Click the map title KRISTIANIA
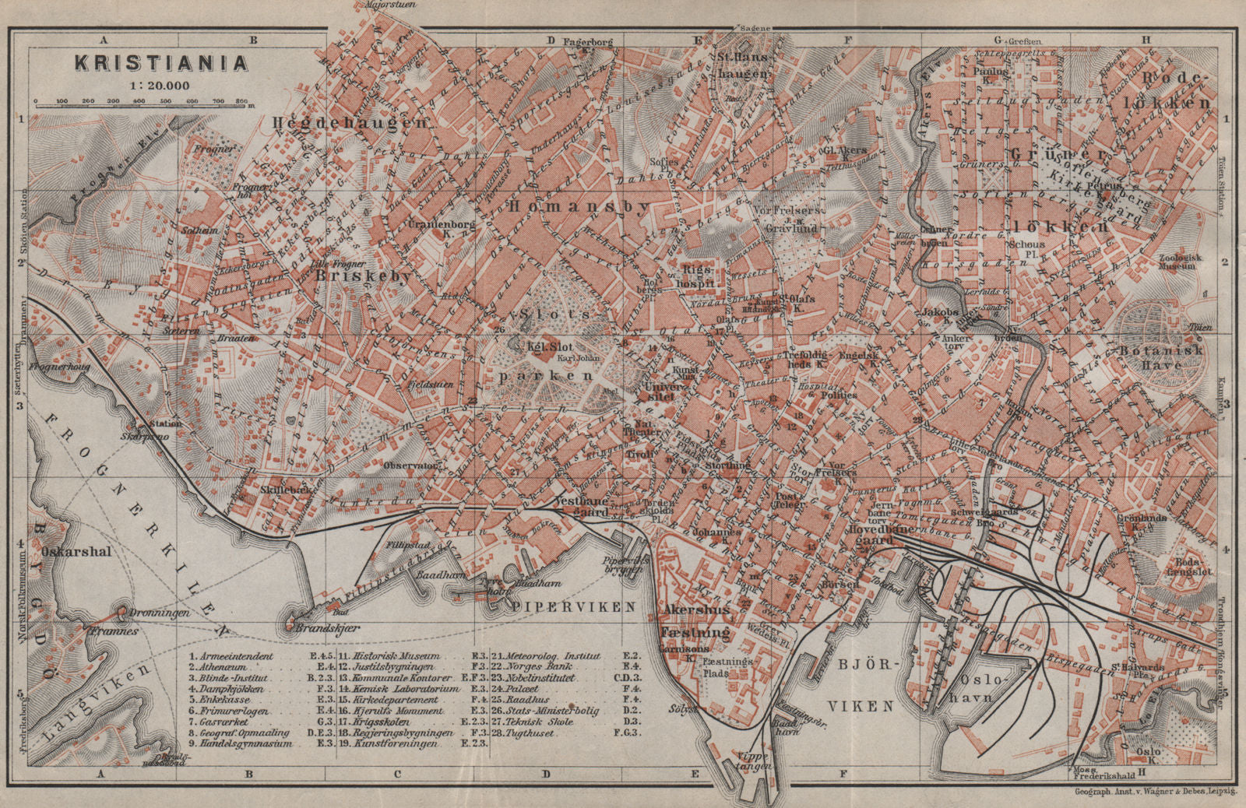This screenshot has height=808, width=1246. tap(161, 63)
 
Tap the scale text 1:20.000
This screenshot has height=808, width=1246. tap(161, 86)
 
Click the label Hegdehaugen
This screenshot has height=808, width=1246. tap(350, 122)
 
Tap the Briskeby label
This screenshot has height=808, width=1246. tap(362, 276)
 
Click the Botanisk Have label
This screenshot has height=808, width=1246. tap(1162, 357)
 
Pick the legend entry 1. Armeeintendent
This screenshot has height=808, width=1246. tap(231, 656)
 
